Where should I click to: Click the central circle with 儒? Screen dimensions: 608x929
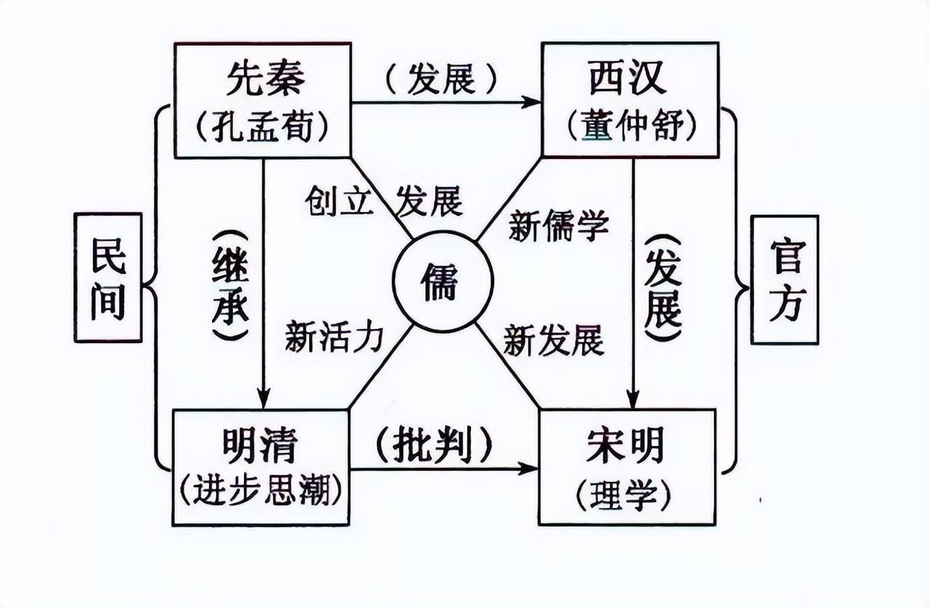[443, 284]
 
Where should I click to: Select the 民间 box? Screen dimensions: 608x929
[107, 278]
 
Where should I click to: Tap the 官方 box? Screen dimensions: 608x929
[785, 279]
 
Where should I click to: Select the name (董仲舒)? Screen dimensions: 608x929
[629, 126]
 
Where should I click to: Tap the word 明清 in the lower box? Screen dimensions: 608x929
[260, 445]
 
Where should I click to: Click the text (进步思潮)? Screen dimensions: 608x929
[261, 493]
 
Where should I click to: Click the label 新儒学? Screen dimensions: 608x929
[558, 226]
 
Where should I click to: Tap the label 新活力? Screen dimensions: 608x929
[334, 336]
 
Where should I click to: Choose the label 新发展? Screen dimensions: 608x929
[554, 340]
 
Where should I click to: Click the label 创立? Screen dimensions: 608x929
[339, 201]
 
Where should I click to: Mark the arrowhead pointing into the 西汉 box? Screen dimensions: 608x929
[534, 102]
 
